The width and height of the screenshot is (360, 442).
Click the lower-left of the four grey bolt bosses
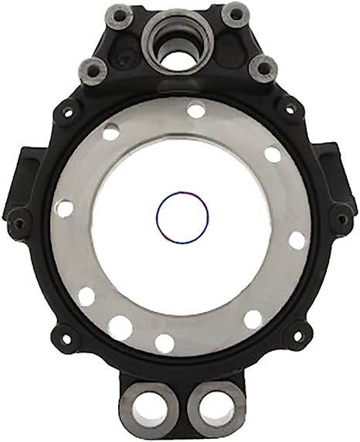tap(93, 70)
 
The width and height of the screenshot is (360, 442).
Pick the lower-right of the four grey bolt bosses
tap(263, 69)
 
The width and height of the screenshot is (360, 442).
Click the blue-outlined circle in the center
tap(182, 216)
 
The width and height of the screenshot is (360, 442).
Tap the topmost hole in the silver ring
tap(197, 110)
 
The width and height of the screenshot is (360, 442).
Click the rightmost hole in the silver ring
tap(297, 240)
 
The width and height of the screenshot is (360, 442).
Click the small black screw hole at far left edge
tap(19, 224)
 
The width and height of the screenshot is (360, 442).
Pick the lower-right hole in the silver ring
tap(253, 318)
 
